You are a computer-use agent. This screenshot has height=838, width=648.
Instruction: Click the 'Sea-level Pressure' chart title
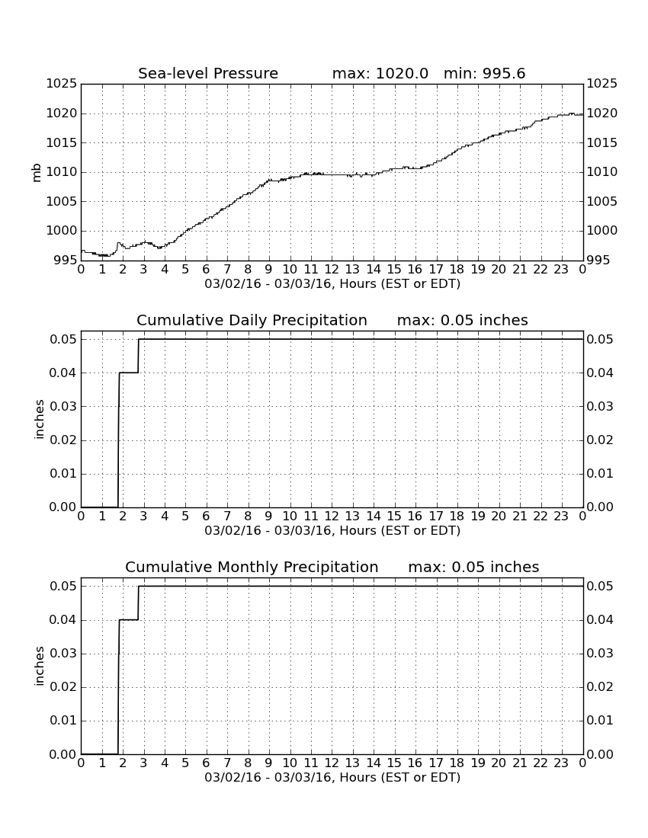coord(208,73)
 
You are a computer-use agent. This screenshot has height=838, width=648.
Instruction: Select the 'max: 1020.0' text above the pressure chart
coord(380,73)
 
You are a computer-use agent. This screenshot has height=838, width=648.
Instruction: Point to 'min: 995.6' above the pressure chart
coord(484,73)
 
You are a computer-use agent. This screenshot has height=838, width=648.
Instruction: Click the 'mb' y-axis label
coord(37,173)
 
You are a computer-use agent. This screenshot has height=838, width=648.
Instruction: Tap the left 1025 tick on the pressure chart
coord(62,84)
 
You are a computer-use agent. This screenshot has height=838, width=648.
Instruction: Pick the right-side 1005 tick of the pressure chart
coord(602,201)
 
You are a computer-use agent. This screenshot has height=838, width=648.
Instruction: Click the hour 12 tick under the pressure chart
coord(332,270)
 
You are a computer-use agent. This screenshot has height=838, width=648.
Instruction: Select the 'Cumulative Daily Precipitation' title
coord(252,320)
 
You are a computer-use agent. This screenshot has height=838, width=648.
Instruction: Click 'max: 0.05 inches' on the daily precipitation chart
coord(463,320)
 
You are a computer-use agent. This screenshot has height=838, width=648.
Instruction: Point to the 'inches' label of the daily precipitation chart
coord(38,420)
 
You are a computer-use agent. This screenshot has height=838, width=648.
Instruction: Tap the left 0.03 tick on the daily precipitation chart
coord(63,406)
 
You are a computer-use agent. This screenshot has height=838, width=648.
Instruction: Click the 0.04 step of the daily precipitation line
coord(129,373)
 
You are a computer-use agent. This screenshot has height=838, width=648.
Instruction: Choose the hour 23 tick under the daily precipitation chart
coord(561,517)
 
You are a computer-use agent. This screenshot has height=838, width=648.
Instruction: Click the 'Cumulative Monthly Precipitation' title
coord(252,567)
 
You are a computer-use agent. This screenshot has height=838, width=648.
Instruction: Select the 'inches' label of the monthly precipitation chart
coord(38,667)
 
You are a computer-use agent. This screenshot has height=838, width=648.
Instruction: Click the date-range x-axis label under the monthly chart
coord(332,778)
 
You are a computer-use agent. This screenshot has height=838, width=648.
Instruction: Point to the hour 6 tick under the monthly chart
coord(207,763)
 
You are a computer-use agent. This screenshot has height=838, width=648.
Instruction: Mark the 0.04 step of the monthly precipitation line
coord(129,620)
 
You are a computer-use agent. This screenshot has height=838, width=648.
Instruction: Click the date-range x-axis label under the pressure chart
coord(332,284)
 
